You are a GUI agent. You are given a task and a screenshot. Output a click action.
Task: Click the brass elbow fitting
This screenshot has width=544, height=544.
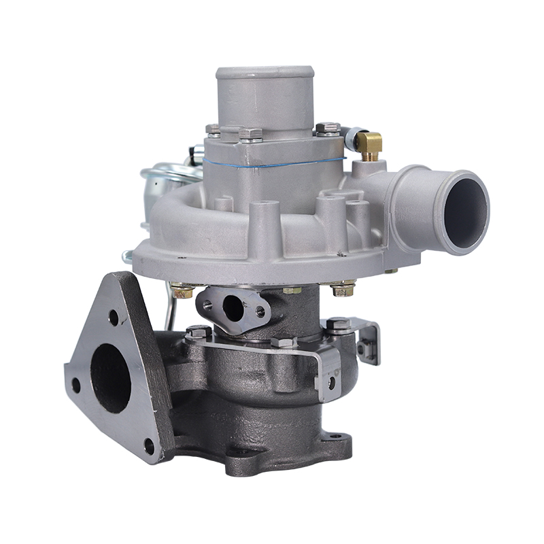point(369,143)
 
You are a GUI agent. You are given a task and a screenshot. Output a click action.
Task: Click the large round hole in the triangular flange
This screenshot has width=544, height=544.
point(111,377)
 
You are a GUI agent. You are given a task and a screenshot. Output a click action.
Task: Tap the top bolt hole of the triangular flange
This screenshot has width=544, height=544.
point(114,317)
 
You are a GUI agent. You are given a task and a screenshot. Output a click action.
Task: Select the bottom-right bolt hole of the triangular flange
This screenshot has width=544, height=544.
point(149,446)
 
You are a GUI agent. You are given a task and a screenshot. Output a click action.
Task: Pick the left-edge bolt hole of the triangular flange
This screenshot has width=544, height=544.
point(75,386)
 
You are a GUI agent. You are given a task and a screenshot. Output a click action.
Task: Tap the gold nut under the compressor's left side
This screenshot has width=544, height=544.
point(182,292)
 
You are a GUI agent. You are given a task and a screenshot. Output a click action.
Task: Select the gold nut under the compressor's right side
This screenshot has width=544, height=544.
point(343,290)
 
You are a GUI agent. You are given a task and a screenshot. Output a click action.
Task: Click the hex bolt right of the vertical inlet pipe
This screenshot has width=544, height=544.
point(328,128)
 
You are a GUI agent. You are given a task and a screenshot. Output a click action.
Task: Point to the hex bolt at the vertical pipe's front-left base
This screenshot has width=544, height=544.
point(250,133)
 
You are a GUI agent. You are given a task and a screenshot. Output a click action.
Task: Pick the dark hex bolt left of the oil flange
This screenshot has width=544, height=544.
point(198,333)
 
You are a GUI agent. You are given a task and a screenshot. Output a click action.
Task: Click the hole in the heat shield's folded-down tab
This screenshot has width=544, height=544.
point(331,384)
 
